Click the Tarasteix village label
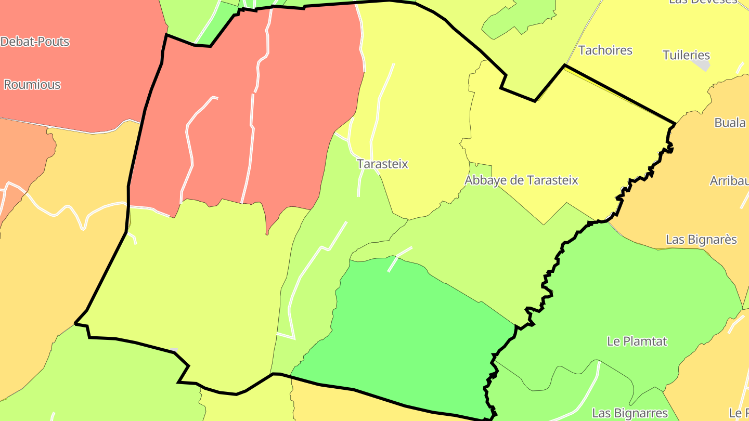(x=382, y=164)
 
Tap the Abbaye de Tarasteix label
(x=521, y=180)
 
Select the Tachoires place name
(x=605, y=50)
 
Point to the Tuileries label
(x=686, y=55)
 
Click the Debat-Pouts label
(x=35, y=42)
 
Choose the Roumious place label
(x=32, y=85)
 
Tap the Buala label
(x=730, y=123)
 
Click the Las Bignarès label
(x=701, y=240)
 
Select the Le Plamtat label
(x=637, y=341)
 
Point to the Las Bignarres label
(x=630, y=413)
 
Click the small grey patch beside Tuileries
(x=702, y=65)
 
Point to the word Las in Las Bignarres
(x=602, y=413)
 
